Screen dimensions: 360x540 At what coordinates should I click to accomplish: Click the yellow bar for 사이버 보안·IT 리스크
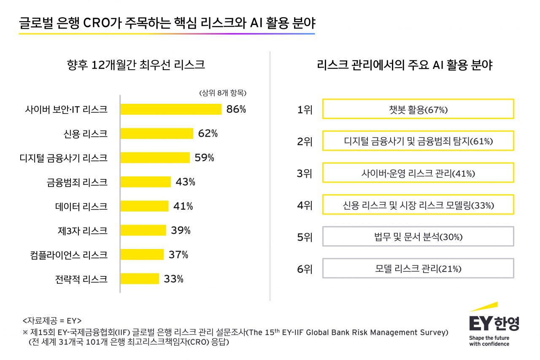point(171,109)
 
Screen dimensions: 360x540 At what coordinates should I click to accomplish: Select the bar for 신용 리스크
point(157,134)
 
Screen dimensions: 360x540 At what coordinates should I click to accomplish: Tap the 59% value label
point(205,158)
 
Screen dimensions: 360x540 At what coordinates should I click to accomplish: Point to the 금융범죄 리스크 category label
point(77,182)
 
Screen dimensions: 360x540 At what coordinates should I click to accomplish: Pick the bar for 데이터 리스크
point(144,206)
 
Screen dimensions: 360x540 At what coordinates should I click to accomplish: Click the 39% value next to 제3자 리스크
point(181,230)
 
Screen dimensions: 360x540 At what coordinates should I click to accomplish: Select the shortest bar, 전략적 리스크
point(140,279)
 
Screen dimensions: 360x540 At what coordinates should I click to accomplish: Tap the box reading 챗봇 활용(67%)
point(418,109)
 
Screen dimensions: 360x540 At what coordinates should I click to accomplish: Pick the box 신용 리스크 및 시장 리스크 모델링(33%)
point(418,205)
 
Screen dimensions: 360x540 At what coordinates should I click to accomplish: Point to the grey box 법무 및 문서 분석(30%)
point(418,237)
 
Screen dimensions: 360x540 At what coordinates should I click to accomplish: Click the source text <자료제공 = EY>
point(52,320)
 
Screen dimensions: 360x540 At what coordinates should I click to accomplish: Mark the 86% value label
point(236,109)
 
